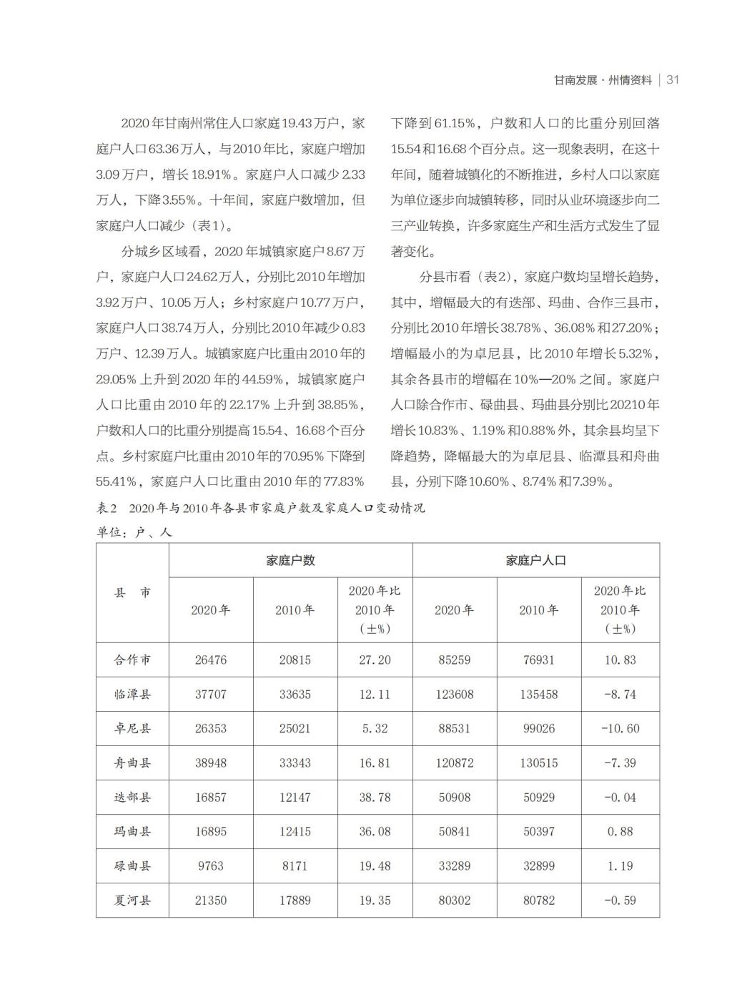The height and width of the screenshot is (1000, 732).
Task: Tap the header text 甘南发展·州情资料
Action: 603,80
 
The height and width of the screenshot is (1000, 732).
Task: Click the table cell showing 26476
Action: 211,660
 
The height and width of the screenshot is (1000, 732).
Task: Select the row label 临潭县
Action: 132,694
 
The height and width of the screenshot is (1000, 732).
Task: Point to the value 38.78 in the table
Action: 375,797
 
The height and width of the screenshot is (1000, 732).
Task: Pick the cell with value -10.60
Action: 620,728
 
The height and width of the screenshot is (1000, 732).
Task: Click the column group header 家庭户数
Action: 290,560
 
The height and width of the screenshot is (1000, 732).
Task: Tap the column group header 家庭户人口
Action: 535,560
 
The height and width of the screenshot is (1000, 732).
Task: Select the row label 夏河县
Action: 132,900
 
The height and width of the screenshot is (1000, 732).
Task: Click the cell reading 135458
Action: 538,694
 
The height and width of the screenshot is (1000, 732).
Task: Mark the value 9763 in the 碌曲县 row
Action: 211,866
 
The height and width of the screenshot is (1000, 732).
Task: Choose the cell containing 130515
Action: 538,763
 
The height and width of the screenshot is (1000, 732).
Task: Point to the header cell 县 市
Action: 132,592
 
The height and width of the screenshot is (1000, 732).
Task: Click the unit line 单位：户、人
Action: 134,532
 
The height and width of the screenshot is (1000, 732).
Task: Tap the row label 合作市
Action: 132,660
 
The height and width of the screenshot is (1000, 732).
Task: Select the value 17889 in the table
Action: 295,900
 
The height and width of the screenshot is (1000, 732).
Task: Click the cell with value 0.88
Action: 620,831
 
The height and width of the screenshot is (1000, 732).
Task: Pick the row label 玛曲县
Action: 132,831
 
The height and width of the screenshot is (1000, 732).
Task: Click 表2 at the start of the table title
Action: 107,509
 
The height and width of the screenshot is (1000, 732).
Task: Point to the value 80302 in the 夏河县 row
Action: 454,900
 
